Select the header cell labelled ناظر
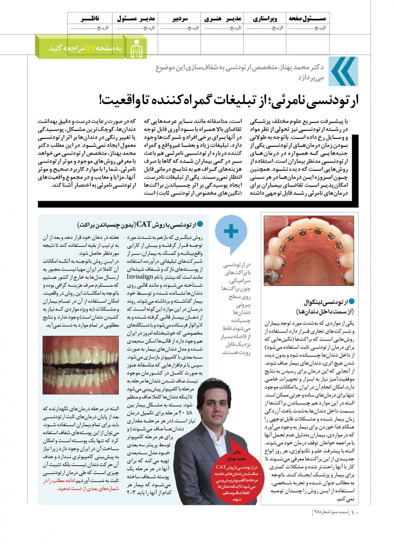point(90,19)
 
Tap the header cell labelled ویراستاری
point(265,19)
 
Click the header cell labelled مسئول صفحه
point(307,19)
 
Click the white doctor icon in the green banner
point(137,48)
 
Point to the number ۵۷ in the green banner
point(90,48)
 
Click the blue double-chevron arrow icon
point(344,71)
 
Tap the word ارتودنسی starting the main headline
point(333,100)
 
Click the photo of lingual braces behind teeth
point(309,250)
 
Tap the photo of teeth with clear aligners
point(81,365)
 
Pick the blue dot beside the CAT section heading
point(200,224)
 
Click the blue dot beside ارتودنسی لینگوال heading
point(351,302)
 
